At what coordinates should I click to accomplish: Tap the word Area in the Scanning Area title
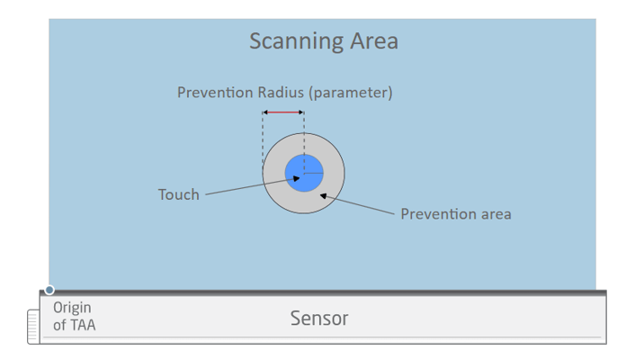(x=374, y=40)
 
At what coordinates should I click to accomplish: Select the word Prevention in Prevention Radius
(x=214, y=93)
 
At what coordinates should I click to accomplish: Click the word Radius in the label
(x=281, y=93)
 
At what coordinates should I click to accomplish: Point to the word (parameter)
(x=351, y=93)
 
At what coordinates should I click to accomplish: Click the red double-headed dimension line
(x=283, y=112)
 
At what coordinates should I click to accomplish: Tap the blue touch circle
(x=304, y=173)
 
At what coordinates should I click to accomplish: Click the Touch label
(x=179, y=194)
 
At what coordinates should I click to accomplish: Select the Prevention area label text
(x=456, y=214)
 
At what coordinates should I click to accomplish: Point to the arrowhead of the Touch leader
(x=296, y=178)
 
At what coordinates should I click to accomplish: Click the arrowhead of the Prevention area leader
(x=324, y=195)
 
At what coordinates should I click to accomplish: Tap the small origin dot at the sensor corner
(x=49, y=290)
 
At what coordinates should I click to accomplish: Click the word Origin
(x=72, y=308)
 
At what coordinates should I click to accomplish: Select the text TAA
(x=82, y=325)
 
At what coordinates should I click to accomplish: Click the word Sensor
(x=319, y=318)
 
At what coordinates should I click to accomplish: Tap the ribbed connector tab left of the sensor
(x=33, y=327)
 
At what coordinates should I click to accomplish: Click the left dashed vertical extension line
(x=263, y=141)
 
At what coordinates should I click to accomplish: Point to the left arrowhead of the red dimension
(x=265, y=112)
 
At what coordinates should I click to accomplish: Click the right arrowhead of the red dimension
(x=301, y=112)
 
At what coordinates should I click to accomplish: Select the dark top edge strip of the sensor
(x=323, y=293)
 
